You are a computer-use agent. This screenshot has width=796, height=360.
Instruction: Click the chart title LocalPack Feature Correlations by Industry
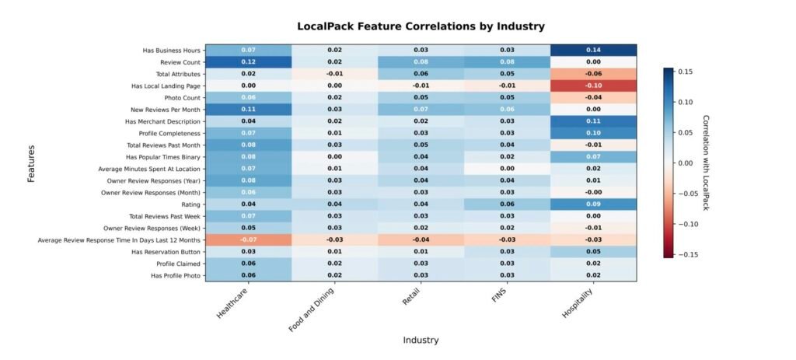(421, 26)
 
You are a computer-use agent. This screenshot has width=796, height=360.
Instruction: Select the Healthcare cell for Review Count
(249, 61)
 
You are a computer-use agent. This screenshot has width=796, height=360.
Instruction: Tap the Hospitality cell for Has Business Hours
(594, 50)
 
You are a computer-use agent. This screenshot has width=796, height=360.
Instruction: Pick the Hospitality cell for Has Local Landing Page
(594, 86)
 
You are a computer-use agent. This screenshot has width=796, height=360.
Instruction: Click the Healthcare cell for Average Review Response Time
(249, 240)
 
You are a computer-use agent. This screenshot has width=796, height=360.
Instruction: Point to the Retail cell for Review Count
(421, 61)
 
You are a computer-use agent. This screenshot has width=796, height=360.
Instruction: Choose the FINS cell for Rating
(507, 204)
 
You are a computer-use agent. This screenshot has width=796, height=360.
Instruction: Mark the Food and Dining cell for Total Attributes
(335, 74)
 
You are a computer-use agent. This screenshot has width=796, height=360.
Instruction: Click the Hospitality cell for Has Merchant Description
(594, 121)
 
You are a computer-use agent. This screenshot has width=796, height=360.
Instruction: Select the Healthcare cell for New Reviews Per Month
(249, 110)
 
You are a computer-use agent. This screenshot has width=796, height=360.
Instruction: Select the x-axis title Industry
(421, 340)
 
